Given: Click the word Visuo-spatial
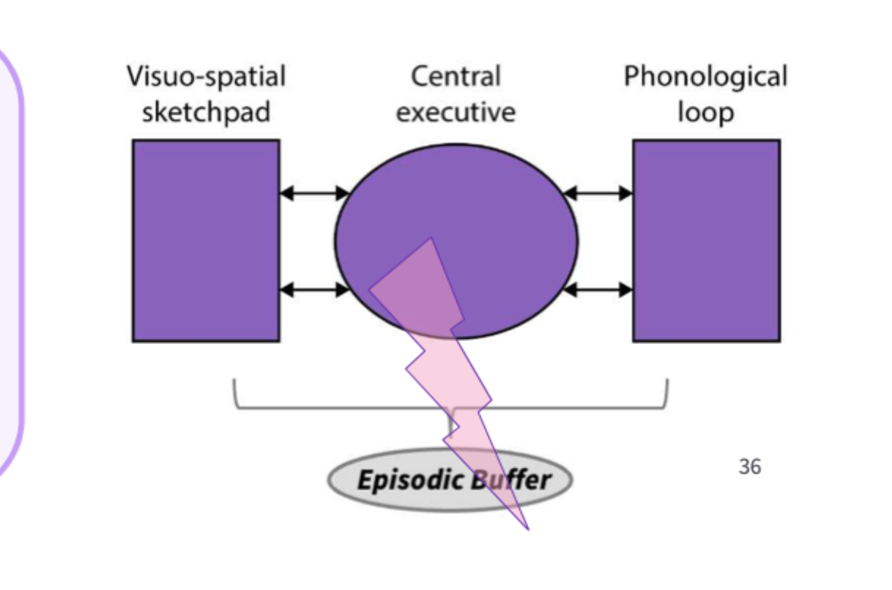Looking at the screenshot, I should click(x=206, y=77).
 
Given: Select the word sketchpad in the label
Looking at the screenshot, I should click(x=206, y=112).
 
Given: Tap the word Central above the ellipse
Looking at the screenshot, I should click(x=456, y=77).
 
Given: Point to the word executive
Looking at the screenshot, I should click(x=456, y=112).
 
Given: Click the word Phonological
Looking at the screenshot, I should click(x=705, y=77).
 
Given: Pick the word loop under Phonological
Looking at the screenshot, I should click(x=705, y=112).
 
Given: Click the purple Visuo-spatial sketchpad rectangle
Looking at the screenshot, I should click(x=206, y=241).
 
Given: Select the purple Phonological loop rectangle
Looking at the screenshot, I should click(x=706, y=241).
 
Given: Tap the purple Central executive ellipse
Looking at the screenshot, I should click(x=498, y=220).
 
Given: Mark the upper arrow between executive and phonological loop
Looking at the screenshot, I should click(x=598, y=193).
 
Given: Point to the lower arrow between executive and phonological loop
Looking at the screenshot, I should click(x=598, y=290).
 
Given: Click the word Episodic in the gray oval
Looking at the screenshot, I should click(x=400, y=481).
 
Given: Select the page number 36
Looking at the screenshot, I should click(x=749, y=466).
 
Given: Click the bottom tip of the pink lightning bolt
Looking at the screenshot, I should click(x=527, y=528).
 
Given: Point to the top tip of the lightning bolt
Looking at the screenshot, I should click(x=431, y=239).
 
